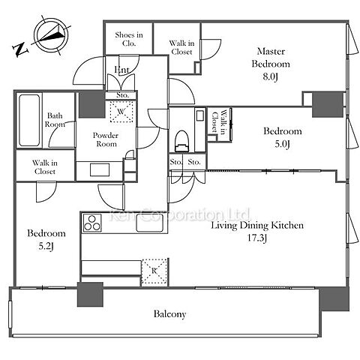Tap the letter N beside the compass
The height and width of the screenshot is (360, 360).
[19, 49]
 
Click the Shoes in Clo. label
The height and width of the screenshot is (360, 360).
[129, 39]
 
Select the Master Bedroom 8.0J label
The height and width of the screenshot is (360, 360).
[271, 64]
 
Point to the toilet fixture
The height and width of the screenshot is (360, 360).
[181, 141]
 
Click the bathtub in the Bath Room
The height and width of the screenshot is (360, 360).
[29, 120]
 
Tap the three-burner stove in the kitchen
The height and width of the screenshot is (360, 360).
[92, 223]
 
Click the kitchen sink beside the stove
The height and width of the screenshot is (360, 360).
[150, 223]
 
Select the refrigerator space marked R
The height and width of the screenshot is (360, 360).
[154, 272]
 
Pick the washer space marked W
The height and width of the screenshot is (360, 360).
[121, 111]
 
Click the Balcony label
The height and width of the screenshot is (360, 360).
[169, 314]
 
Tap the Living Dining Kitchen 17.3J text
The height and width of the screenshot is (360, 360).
[257, 231]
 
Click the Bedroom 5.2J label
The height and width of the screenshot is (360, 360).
[46, 239]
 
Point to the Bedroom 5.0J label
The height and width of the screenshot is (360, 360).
[283, 137]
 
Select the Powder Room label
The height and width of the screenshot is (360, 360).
[106, 139]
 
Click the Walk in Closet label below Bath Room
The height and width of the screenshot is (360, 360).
[45, 167]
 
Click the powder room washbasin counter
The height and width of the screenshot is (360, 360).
[100, 171]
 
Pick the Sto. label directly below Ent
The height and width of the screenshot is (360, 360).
[122, 95]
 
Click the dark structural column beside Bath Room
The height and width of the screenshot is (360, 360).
[91, 104]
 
